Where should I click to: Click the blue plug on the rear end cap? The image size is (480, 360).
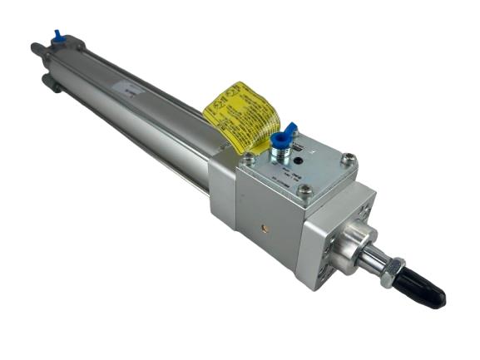57,36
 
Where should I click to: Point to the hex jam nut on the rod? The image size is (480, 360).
392,272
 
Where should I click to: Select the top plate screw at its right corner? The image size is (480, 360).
350,158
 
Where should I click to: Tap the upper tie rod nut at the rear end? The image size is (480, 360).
36,49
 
